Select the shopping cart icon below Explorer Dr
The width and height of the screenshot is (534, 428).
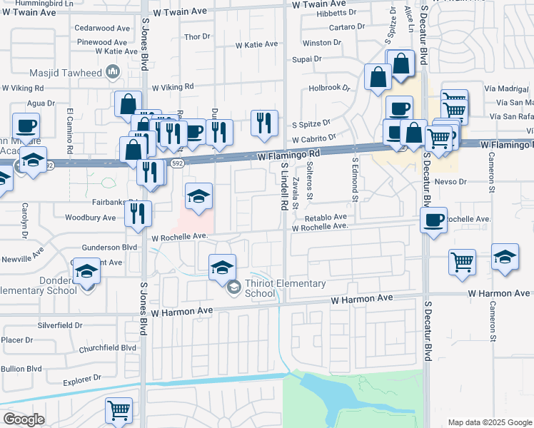tap(119, 410)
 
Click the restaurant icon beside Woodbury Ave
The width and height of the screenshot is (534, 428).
tap(138, 213)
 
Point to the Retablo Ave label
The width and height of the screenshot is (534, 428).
tap(326, 217)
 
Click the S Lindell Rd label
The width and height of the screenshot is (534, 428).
tap(283, 185)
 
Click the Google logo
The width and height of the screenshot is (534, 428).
tap(24, 419)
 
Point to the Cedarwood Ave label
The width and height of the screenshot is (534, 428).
tap(103, 29)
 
